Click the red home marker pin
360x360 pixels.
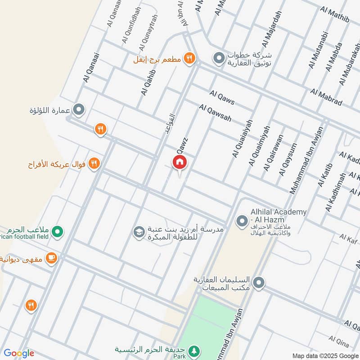[x=179, y=162]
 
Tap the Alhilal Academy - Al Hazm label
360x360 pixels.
[x=279, y=215]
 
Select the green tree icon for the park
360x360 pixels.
[x=194, y=350]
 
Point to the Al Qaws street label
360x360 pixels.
[x=222, y=97]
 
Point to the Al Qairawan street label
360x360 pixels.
[x=274, y=153]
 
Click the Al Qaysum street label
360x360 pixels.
[x=288, y=159]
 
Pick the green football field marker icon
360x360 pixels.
[x=57, y=232]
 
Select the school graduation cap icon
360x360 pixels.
[x=138, y=232]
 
